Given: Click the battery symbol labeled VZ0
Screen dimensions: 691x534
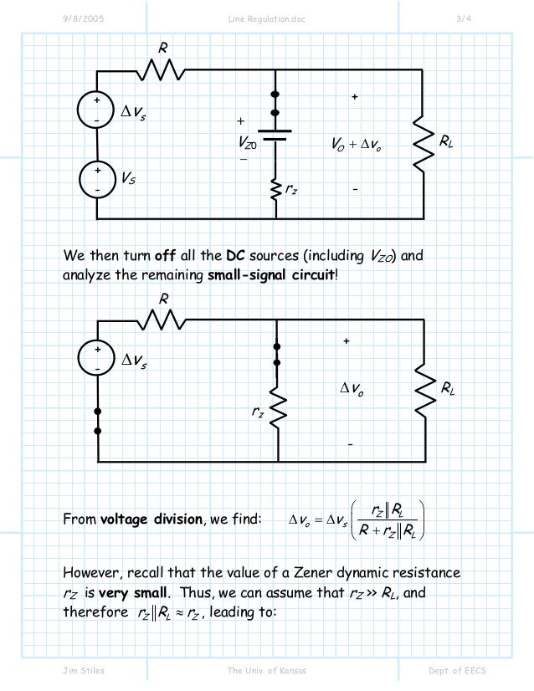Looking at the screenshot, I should [275, 136].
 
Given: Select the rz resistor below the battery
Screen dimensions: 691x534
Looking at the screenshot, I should [275, 191].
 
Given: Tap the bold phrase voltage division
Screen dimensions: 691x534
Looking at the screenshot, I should [151, 520].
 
